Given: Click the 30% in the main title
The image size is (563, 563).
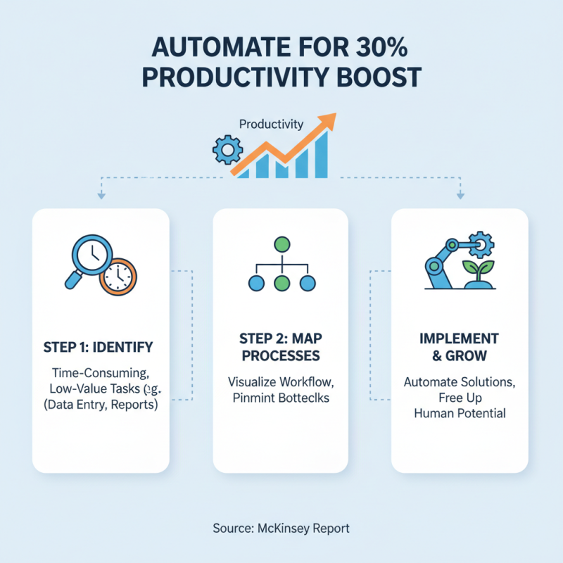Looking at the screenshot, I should pos(383,52).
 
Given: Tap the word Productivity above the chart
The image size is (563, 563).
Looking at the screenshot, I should pos(271,125).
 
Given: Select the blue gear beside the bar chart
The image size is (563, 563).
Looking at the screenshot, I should pos(227,150).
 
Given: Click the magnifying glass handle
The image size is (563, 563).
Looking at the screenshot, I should pos(73,279).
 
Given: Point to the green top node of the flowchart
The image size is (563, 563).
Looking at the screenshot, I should pos(281,246).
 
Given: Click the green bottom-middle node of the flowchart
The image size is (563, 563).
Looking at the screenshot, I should pos(281,284).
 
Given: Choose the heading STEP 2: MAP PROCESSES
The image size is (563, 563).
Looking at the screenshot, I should pos(280,347).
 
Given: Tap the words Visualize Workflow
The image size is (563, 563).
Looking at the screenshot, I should pos(280,382).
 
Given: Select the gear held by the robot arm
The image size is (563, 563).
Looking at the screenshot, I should pos(483,243).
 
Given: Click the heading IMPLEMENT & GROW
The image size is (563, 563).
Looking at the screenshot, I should pos(460,347).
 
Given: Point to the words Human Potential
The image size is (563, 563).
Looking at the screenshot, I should pos(460,413).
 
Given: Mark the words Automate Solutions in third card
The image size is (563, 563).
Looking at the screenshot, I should pos(460,382).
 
